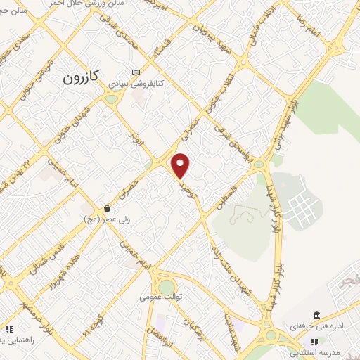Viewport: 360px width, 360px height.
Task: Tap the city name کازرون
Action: coord(83,76)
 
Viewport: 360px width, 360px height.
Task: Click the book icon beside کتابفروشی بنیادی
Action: coord(136,72)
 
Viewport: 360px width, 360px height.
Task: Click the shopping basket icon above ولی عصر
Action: coord(107,208)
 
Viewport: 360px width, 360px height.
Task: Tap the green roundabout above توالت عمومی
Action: coord(166,287)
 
